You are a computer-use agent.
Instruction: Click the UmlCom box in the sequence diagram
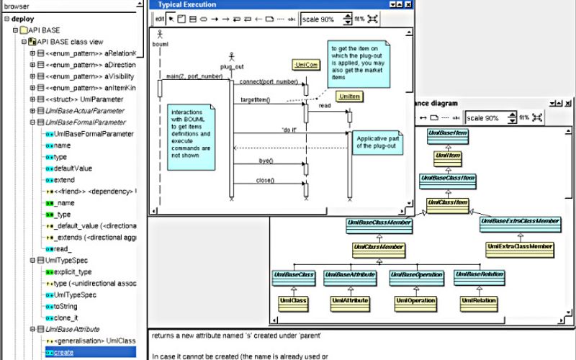pyautogui.click(x=305, y=65)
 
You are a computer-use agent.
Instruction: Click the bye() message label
pyautogui.click(x=265, y=161)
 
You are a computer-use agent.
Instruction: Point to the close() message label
pyautogui.click(x=266, y=181)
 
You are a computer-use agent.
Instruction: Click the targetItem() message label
pyautogui.click(x=256, y=99)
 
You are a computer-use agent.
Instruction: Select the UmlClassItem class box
pyautogui.click(x=448, y=203)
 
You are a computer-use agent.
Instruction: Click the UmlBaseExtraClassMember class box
pyautogui.click(x=520, y=222)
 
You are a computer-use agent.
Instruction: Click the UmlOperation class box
pyautogui.click(x=416, y=300)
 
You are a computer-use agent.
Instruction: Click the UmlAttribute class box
pyautogui.click(x=350, y=300)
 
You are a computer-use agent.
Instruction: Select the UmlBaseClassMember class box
pyautogui.click(x=379, y=223)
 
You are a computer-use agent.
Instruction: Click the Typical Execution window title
pyautogui.click(x=186, y=4)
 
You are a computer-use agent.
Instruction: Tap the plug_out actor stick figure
pyautogui.click(x=231, y=57)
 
